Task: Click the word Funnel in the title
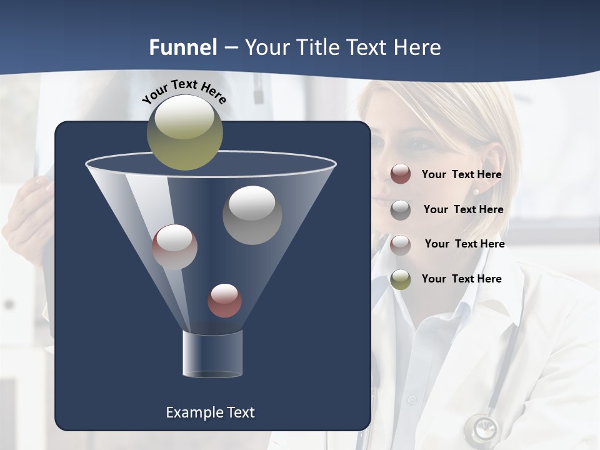pos(183,47)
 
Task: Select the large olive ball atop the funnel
pos(184,132)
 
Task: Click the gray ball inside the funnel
pos(252,214)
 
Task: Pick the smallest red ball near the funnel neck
pos(224,300)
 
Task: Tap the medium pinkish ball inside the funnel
pos(174,247)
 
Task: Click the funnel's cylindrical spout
pos(212,354)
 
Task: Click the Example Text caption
pos(210,412)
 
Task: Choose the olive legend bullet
pos(401,279)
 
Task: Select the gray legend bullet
pos(401,209)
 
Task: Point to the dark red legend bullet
pos(401,174)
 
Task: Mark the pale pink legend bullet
pos(401,244)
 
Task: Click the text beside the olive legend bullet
pos(461,279)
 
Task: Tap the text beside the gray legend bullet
pos(463,209)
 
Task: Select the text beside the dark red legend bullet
pos(461,174)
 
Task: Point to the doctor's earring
pos(476,192)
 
